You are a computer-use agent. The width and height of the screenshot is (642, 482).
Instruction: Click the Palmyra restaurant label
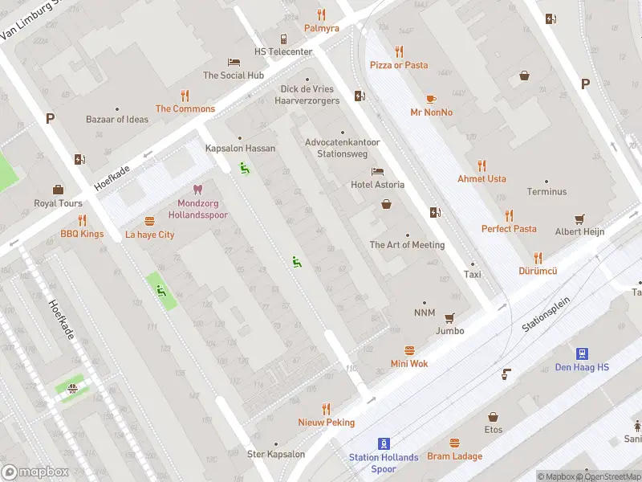click(x=321, y=28)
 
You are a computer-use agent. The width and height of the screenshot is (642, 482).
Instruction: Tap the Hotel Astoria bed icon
click(x=377, y=172)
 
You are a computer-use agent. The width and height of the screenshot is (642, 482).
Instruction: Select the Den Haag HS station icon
click(x=582, y=353)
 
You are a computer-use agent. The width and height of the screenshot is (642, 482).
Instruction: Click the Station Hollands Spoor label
click(x=384, y=463)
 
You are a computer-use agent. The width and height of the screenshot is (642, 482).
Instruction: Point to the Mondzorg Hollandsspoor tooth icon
click(x=198, y=190)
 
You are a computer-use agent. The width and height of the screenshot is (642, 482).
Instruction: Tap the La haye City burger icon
click(x=149, y=221)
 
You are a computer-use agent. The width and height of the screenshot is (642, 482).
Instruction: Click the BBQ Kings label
click(x=82, y=235)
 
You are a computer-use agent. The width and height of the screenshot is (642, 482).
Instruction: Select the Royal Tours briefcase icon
click(x=58, y=190)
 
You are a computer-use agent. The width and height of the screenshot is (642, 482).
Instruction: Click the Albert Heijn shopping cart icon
click(x=579, y=219)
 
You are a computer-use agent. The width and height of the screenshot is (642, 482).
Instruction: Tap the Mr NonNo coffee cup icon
click(x=431, y=99)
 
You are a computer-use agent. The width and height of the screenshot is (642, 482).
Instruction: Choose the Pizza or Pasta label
click(x=399, y=65)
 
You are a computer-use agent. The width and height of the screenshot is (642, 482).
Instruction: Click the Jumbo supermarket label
click(x=450, y=330)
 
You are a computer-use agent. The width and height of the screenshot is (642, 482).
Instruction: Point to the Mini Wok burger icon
click(x=409, y=350)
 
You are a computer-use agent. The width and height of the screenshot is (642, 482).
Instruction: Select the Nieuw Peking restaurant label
click(x=326, y=423)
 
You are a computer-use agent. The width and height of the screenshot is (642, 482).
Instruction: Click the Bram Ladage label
click(x=455, y=456)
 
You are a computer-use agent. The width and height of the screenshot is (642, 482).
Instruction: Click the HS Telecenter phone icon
click(x=283, y=39)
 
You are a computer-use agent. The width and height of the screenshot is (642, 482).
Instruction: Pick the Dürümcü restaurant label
click(x=538, y=272)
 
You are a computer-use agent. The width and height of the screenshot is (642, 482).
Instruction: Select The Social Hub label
click(x=234, y=76)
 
